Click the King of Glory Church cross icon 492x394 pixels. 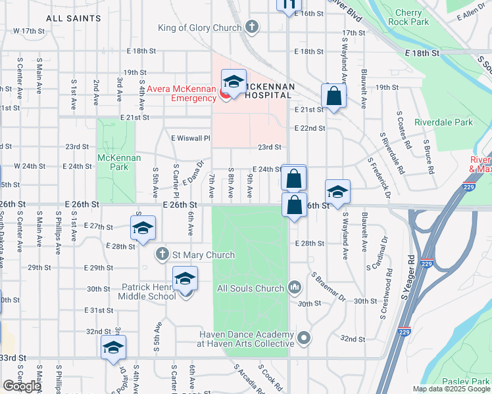(x=251, y=27)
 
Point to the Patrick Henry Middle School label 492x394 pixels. (x=149, y=292)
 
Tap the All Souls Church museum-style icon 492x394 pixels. (x=295, y=287)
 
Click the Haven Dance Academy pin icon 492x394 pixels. (x=303, y=339)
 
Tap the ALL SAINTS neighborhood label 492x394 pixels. (x=74, y=18)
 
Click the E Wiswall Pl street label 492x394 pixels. (x=190, y=139)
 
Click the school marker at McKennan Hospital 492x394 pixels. (x=234, y=82)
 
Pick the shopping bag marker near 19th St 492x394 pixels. (x=334, y=96)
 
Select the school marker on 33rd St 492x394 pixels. (x=113, y=347)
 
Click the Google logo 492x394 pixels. (x=22, y=386)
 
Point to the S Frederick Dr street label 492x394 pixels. (x=380, y=177)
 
